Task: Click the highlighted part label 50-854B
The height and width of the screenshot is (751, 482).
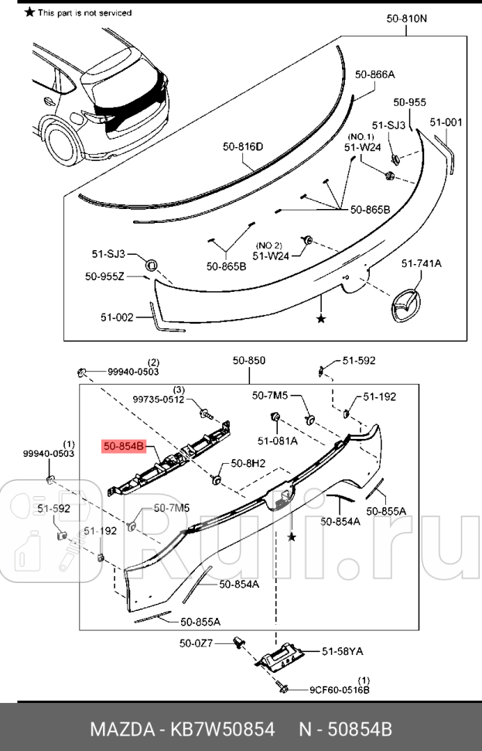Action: (124, 447)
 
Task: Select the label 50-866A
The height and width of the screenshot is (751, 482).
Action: (375, 74)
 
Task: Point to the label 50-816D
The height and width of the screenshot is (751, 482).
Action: (243, 146)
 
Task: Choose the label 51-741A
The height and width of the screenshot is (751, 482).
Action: (421, 264)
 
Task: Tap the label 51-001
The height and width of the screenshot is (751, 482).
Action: (446, 122)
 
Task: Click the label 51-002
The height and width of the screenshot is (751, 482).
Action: (117, 317)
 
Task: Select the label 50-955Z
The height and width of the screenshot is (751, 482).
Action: (104, 276)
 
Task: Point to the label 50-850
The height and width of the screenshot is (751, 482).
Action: (249, 360)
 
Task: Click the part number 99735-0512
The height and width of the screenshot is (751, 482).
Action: (159, 400)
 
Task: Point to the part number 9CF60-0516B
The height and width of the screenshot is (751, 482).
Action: (340, 689)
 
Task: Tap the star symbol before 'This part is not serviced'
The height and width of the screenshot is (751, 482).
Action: (29, 12)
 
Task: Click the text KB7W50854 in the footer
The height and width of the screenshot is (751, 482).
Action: (226, 729)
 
